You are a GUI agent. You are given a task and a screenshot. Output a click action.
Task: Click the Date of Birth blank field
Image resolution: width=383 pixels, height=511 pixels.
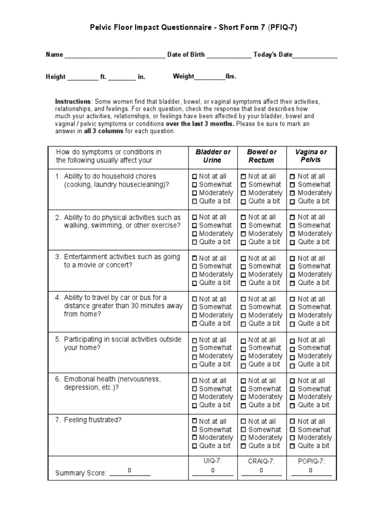coord(229,55)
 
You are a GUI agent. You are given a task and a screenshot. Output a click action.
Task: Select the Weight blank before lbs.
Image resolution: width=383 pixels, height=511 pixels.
coord(209,77)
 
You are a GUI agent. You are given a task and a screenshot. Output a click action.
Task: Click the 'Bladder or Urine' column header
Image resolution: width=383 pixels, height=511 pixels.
coord(213,156)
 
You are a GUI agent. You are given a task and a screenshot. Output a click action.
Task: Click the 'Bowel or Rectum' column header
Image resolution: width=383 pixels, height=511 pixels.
coord(262,156)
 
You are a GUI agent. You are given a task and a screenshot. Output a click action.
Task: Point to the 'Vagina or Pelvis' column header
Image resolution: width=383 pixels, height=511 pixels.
coord(311,156)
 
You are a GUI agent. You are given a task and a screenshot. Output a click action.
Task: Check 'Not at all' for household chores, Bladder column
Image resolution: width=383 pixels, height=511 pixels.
coord(195,177)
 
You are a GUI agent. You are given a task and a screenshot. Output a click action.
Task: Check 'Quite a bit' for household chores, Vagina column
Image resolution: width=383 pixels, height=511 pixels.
coord(293,202)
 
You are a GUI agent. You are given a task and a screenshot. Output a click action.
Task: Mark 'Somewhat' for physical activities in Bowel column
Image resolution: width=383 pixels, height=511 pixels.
coord(244,226)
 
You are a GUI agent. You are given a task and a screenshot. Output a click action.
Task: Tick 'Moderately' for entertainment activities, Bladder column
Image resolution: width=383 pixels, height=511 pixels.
coord(195,275)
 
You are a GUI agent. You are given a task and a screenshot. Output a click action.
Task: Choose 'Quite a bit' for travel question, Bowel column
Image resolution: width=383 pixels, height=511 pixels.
coord(244,324)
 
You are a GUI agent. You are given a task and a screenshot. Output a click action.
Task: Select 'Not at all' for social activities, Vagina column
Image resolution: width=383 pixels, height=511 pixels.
coord(293,340)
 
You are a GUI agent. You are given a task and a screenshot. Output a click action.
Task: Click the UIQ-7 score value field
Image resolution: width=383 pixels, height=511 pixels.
coord(212,471)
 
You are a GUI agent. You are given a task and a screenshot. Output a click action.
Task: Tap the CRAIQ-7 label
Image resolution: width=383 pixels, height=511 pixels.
coord(261,462)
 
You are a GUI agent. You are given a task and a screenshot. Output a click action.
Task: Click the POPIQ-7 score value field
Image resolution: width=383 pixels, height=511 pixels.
coord(311,471)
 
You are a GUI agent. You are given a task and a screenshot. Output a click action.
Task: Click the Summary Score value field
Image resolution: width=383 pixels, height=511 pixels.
coord(130,471)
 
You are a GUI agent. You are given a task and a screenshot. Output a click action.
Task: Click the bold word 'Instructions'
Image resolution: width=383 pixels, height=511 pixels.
coord(73,101)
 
